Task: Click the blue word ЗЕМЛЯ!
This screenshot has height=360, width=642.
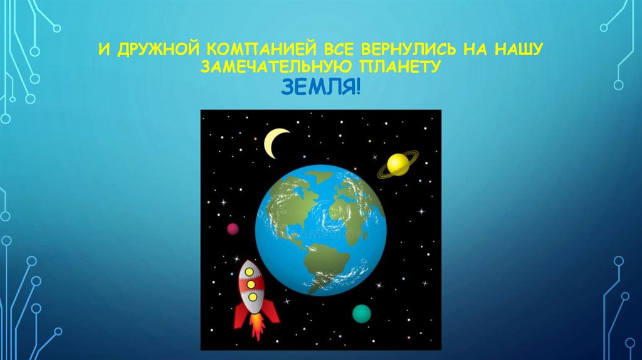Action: pos(320,88)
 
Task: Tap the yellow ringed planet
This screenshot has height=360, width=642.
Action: pos(397,164)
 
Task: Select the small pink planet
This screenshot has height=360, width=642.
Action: pos(233,229)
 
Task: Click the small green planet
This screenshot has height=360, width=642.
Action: pos(361,312)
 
